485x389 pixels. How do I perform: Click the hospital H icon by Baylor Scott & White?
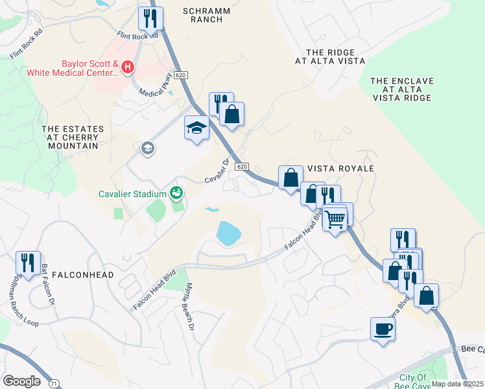(128, 66)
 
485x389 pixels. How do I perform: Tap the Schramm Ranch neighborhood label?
(203, 15)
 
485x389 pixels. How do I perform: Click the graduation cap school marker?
(196, 128)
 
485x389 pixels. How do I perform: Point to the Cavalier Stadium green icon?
(176, 193)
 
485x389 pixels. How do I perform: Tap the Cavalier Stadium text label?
(133, 193)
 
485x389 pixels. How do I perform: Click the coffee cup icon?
(382, 329)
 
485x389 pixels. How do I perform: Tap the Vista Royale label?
(340, 169)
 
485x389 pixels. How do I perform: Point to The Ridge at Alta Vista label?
(330, 56)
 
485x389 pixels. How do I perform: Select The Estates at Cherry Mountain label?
(71, 137)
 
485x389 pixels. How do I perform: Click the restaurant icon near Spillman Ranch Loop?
(27, 263)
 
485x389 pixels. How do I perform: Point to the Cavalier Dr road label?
(218, 171)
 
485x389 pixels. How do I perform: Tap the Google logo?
(21, 381)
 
